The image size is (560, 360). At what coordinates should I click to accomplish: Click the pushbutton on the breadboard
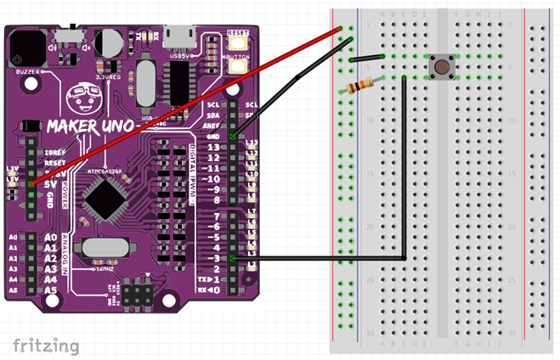pos(441,68)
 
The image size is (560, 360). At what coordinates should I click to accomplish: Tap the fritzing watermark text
pos(46,345)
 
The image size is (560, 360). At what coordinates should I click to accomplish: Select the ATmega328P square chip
pos(108,200)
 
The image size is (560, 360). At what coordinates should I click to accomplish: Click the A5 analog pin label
pos(50,290)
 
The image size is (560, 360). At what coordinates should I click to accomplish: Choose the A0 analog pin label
pos(50,238)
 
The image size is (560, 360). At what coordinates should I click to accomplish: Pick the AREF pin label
pos(212,125)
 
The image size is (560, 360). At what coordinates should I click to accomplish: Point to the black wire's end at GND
pos(234,136)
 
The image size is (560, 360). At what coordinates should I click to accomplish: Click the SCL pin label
pos(213,104)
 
